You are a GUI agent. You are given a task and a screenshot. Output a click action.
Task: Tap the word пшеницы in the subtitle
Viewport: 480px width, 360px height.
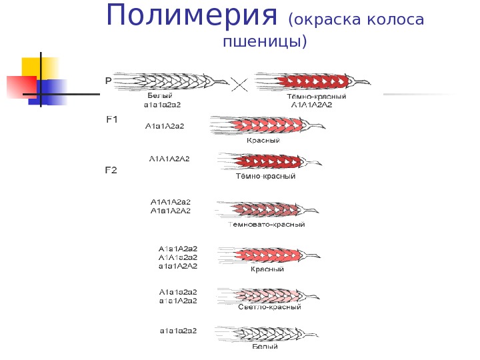(x=264, y=41)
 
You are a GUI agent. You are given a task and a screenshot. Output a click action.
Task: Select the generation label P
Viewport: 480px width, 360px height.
(x=108, y=80)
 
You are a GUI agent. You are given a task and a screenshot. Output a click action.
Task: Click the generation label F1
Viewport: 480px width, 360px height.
(x=112, y=119)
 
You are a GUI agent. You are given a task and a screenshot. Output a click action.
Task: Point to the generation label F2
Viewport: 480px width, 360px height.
(x=111, y=170)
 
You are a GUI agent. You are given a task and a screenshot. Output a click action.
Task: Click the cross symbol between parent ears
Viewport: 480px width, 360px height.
(x=239, y=84)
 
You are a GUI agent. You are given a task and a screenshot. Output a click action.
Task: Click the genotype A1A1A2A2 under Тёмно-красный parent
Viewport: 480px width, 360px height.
(x=312, y=105)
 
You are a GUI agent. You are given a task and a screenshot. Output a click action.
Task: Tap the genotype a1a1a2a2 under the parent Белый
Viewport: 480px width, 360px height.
(x=163, y=105)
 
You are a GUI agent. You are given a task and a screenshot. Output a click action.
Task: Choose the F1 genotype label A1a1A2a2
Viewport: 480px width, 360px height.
(x=165, y=125)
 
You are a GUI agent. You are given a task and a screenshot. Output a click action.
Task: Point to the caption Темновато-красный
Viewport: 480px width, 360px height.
(x=267, y=225)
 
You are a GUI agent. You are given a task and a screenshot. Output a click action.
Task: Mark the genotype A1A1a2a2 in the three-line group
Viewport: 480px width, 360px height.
(x=179, y=257)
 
